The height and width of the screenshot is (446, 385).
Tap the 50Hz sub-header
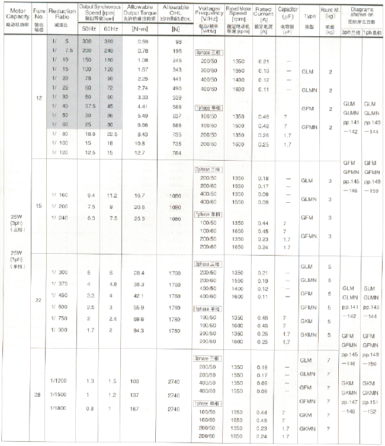tap(89, 29)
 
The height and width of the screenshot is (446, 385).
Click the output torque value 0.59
tap(143, 42)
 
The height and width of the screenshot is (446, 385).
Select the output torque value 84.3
tap(139, 330)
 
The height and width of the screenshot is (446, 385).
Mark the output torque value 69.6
tap(139, 318)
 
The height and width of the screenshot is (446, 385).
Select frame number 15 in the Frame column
tap(38, 206)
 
